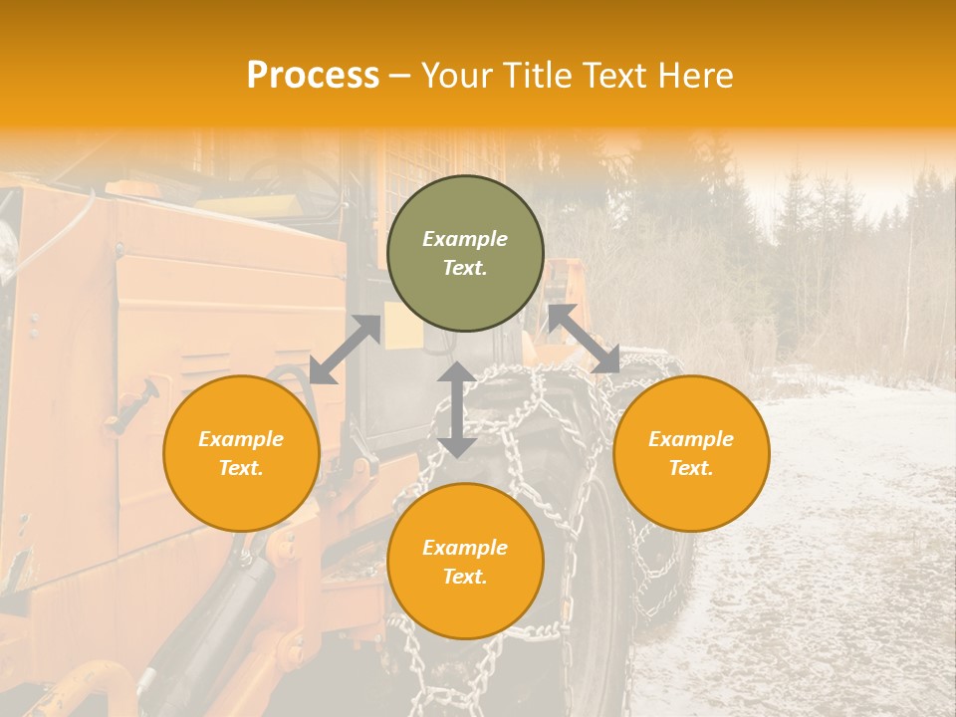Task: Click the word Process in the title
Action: coord(313,76)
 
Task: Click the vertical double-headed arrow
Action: coord(457,409)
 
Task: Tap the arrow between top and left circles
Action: coord(345,350)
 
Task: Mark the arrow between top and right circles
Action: coord(585,339)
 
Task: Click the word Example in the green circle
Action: coord(465,239)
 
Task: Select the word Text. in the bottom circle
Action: coord(465,577)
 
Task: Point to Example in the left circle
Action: coord(241,439)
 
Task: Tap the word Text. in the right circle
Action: coord(691,468)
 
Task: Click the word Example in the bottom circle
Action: coord(465,548)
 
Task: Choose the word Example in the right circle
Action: coord(691,439)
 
